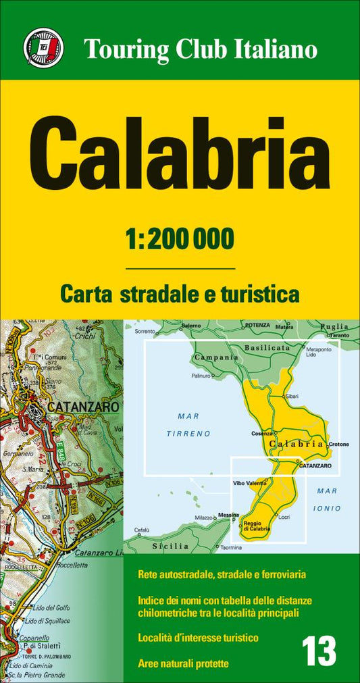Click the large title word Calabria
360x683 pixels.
tap(180, 153)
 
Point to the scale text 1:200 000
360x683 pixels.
tap(180, 238)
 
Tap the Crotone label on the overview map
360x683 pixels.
tap(339, 444)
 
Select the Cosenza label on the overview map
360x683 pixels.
tap(261, 433)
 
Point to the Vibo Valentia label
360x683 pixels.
tap(250, 483)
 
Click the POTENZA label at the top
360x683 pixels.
tap(257, 325)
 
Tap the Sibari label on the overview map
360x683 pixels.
tap(292, 395)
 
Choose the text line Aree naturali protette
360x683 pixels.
tap(183, 663)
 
